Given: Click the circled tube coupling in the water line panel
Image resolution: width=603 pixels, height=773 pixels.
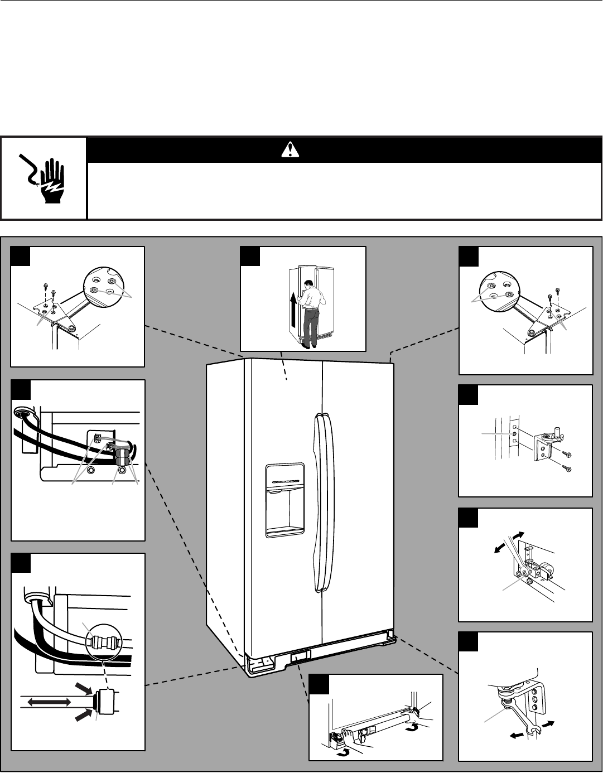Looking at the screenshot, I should (x=104, y=642).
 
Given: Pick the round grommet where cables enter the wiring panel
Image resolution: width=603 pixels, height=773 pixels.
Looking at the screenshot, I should (x=22, y=413).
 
